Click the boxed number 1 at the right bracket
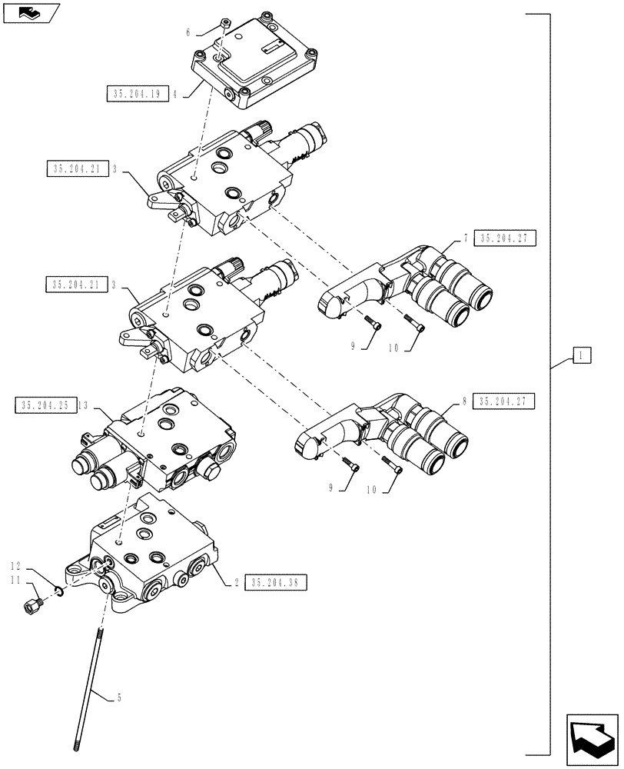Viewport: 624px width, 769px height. tap(582, 355)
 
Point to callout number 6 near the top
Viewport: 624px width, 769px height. tap(188, 32)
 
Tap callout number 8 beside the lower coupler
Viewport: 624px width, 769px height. tap(466, 401)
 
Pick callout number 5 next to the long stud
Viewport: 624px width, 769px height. tap(118, 698)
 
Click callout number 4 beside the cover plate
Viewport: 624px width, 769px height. tap(175, 95)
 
